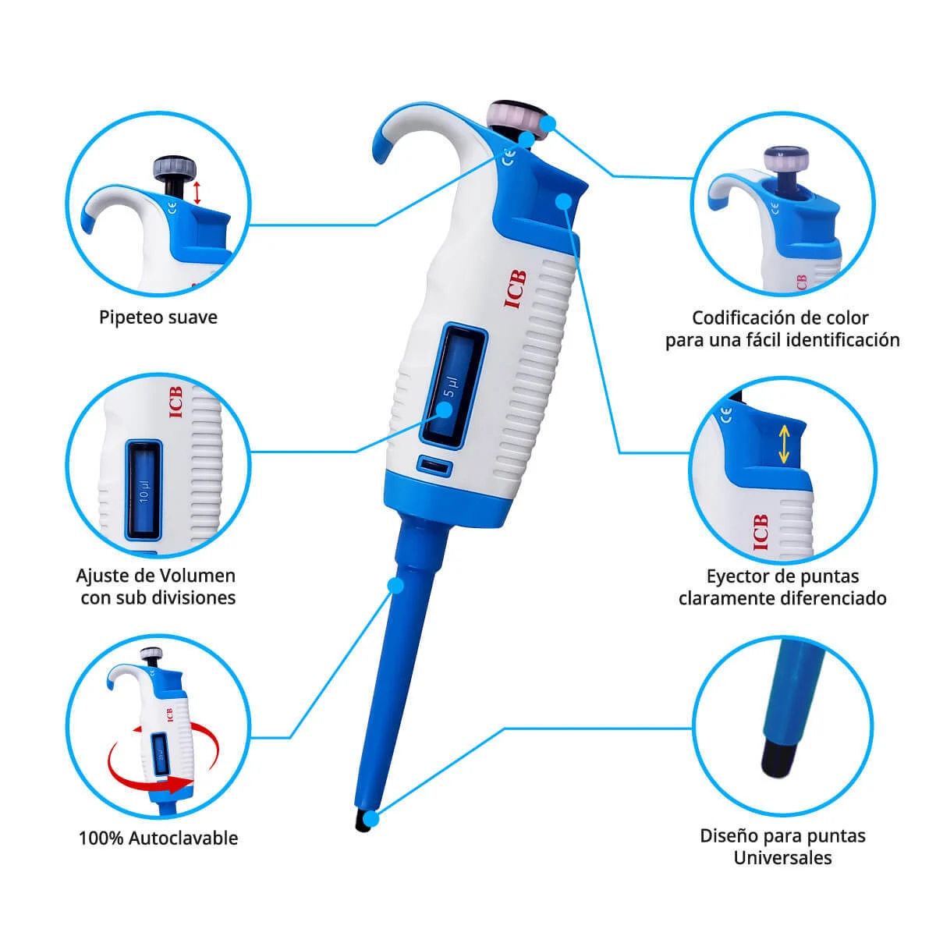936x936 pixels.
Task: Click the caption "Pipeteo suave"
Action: coord(158,318)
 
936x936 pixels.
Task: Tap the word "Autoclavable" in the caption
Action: coord(183,838)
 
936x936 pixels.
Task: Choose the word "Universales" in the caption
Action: coord(782,858)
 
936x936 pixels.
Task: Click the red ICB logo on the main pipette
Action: coord(516,289)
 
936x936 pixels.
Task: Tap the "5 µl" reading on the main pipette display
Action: coord(452,387)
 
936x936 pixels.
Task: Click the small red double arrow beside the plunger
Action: coord(197,193)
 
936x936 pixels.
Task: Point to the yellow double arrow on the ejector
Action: coord(783,445)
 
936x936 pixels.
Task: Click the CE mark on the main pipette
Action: coord(509,158)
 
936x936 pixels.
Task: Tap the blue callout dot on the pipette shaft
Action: coord(396,586)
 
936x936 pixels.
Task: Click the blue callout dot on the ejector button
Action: coord(564,200)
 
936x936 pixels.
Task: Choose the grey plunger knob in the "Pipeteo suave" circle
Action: coord(175,168)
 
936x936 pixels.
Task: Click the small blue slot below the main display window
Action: coord(434,466)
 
